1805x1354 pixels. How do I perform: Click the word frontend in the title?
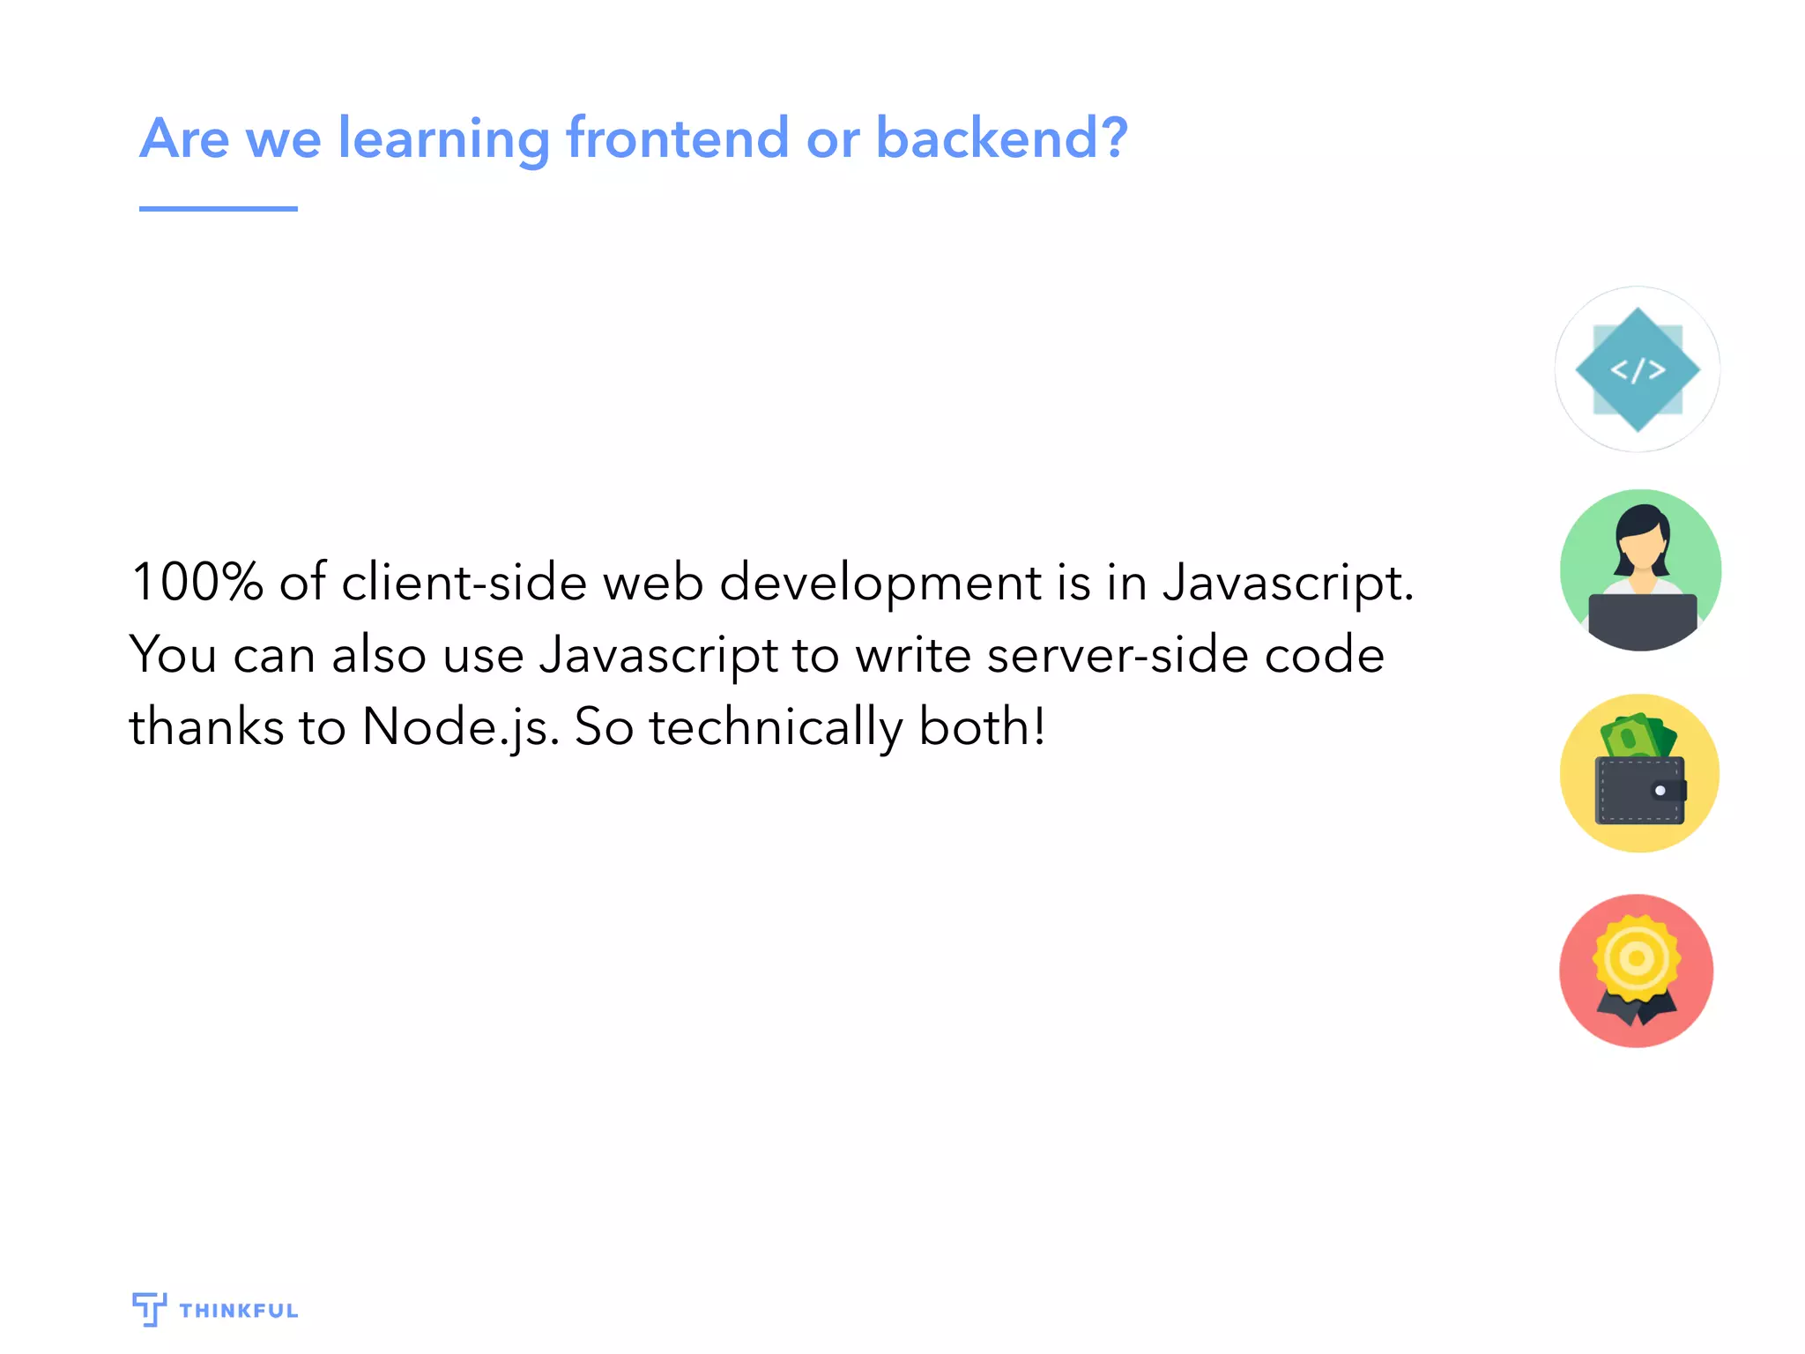(676, 138)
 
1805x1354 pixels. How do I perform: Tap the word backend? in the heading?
(1000, 138)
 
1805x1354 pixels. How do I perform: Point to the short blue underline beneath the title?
(218, 209)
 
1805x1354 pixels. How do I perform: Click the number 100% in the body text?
(197, 583)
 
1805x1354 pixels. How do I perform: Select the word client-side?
(464, 583)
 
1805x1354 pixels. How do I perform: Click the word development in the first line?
(880, 583)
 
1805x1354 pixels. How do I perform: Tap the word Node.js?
(460, 727)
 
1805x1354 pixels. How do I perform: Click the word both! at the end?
(982, 727)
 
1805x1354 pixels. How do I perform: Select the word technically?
(776, 727)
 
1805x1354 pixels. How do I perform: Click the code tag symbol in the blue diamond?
(1638, 369)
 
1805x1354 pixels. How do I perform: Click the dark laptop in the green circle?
(1641, 620)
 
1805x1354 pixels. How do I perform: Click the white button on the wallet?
(1660, 791)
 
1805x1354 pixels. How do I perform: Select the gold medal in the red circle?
(1637, 958)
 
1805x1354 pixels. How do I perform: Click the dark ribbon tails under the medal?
(1637, 1010)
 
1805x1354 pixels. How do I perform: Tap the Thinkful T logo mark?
(149, 1309)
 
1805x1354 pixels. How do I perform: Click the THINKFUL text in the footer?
(239, 1311)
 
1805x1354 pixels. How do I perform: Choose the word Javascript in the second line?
(658, 655)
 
